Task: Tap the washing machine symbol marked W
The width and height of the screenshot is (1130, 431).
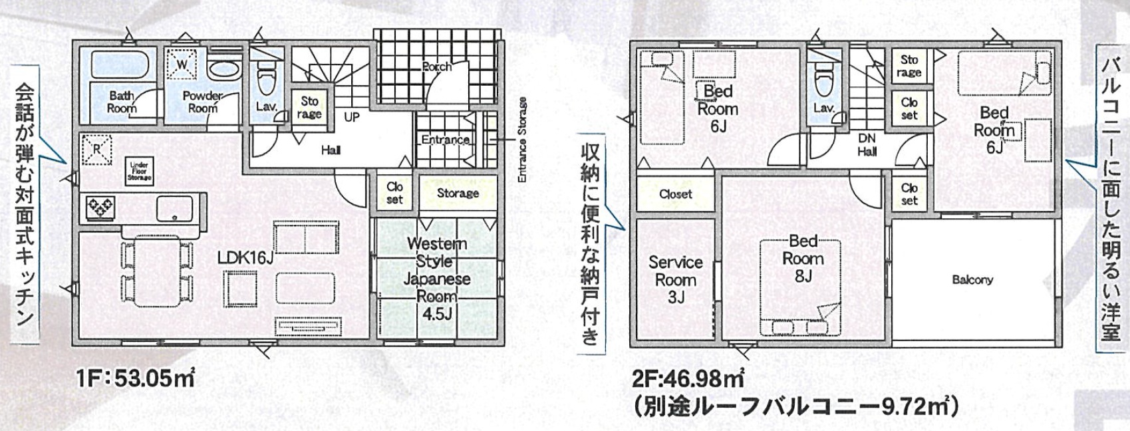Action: click(x=182, y=65)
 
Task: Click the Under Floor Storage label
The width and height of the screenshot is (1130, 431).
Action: click(x=140, y=171)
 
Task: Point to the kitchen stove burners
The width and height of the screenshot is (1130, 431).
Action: click(x=101, y=208)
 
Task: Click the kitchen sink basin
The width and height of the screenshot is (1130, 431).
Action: click(x=174, y=208)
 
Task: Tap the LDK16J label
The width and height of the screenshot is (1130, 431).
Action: click(x=245, y=258)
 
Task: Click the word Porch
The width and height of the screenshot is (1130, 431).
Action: click(x=437, y=66)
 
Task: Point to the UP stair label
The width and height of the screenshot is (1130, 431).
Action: click(x=352, y=117)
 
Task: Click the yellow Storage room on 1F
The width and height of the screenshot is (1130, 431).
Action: click(x=458, y=192)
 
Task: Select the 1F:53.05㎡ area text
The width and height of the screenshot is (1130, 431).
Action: click(x=135, y=377)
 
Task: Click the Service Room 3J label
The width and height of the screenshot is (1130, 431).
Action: click(x=676, y=279)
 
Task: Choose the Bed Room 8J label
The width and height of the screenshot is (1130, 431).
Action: click(x=803, y=258)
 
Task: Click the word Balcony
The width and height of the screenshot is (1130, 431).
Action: click(x=972, y=279)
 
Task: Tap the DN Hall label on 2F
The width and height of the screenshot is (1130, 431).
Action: click(x=867, y=145)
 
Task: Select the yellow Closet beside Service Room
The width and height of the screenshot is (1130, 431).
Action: click(x=676, y=194)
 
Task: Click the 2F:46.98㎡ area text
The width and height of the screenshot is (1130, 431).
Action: click(x=688, y=377)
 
